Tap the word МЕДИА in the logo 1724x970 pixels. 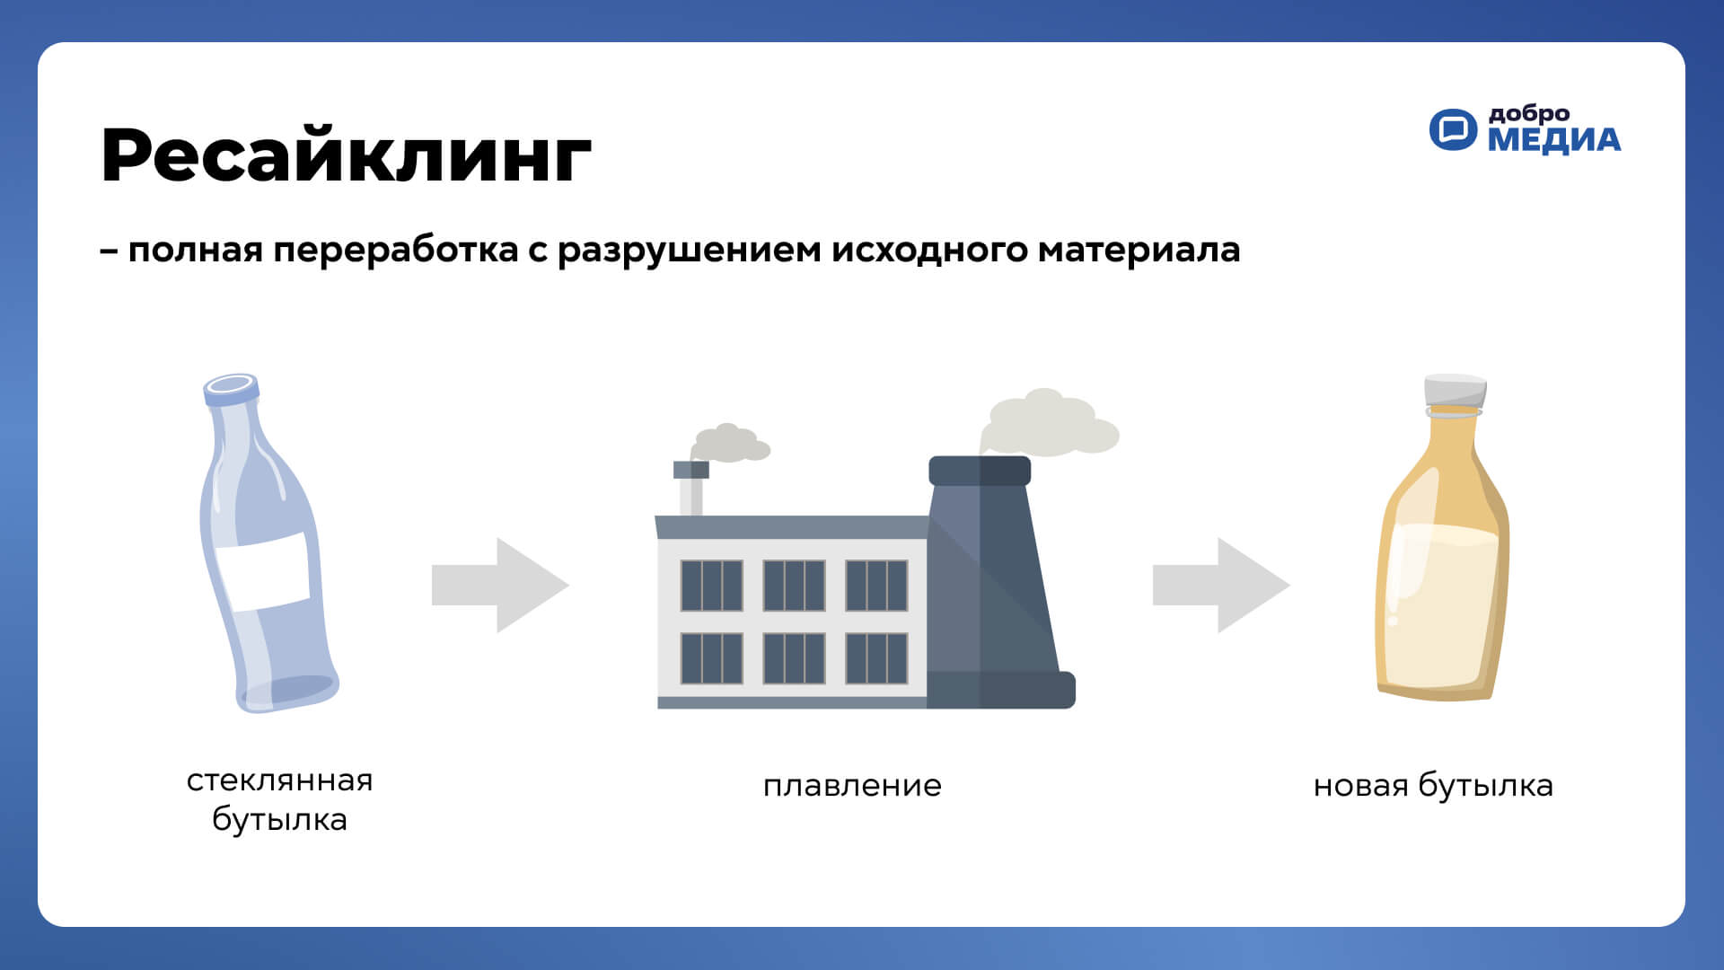(1554, 140)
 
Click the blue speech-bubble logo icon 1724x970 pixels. (1453, 129)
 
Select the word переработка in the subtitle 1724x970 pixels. (396, 251)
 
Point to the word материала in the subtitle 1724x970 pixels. (1139, 251)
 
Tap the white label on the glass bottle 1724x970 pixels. (263, 571)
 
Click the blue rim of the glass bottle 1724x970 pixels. (232, 389)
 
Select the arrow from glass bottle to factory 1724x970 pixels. (500, 585)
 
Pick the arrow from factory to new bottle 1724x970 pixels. (1221, 585)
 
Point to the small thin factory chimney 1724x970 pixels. (690, 489)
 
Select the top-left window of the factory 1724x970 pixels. (711, 586)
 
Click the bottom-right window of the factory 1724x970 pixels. (876, 658)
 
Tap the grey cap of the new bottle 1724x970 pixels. (1455, 391)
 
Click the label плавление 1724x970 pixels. (852, 786)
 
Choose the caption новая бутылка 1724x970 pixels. (1433, 786)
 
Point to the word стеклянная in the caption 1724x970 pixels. (279, 780)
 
